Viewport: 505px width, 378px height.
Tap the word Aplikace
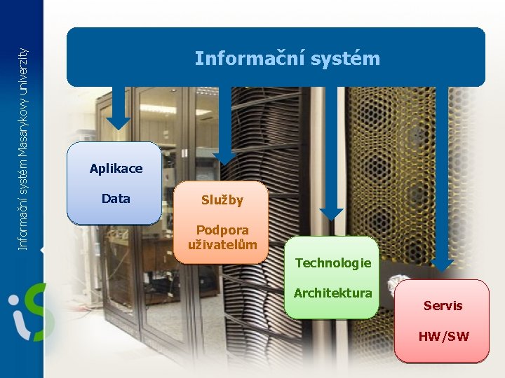[116, 169]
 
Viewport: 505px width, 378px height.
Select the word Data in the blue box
[116, 199]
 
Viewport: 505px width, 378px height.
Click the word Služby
[222, 200]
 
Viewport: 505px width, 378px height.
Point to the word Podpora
[222, 230]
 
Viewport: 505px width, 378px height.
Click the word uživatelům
[222, 245]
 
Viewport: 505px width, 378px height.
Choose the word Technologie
[332, 263]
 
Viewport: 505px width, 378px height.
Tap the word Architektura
[332, 293]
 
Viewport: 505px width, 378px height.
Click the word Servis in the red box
[443, 306]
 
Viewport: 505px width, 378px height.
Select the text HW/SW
[443, 337]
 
